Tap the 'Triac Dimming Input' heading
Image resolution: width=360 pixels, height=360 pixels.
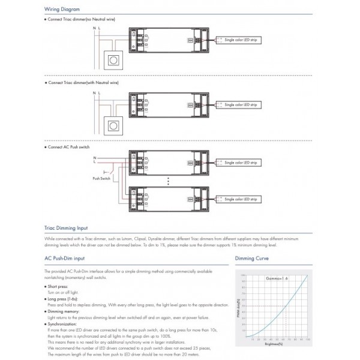click(66, 228)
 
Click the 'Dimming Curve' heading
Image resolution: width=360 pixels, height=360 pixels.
click(251, 258)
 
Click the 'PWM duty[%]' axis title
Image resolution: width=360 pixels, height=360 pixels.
click(238, 305)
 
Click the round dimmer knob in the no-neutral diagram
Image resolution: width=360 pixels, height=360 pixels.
click(112, 59)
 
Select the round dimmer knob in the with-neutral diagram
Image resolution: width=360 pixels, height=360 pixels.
click(112, 125)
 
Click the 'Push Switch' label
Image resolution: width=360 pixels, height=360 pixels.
click(101, 178)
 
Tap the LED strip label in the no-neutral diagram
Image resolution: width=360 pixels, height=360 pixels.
click(239, 38)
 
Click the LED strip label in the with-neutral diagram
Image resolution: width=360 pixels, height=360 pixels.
click(239, 104)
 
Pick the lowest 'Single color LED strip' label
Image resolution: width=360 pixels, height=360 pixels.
click(239, 199)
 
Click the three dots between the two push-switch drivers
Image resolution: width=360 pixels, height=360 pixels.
click(169, 181)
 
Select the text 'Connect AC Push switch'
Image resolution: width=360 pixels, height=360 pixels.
click(70, 147)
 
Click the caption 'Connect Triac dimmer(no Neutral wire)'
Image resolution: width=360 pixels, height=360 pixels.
click(81, 20)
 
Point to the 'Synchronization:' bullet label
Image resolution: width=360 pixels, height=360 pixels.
click(62, 323)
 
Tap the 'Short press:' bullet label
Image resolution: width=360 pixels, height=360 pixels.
click(58, 287)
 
